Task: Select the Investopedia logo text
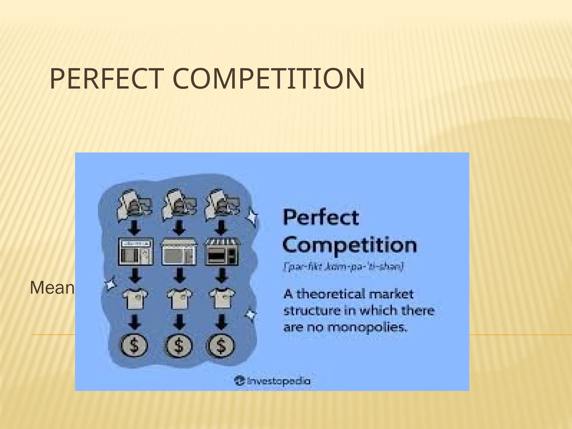pos(272,381)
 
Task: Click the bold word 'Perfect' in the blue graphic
pos(321,218)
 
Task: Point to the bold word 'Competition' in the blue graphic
pos(350,245)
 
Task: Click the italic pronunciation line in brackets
pos(343,267)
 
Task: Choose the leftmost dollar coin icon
pos(134,345)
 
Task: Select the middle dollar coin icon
pos(179,345)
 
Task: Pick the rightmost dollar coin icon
pos(221,345)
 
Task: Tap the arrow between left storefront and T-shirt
pos(136,275)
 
